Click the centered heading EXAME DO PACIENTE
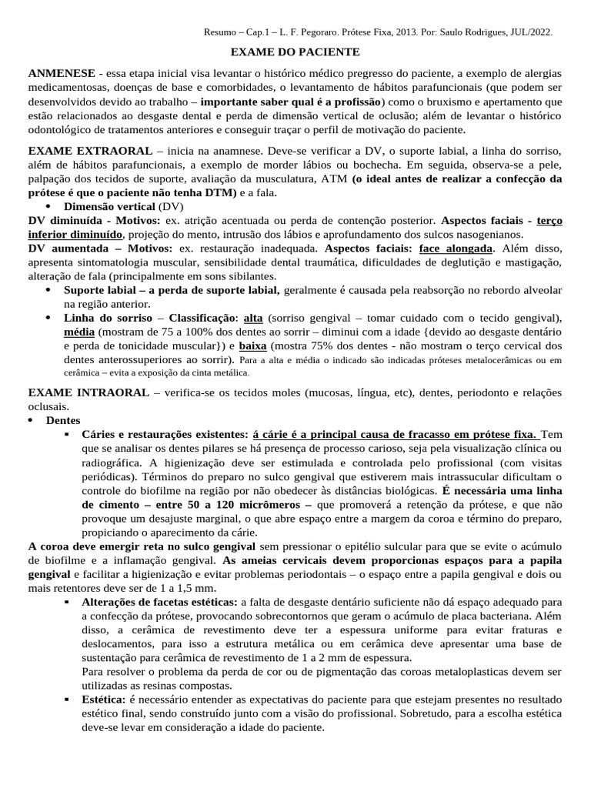pos(295,52)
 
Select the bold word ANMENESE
pos(62,72)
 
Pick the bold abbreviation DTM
pos(215,192)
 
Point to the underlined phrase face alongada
pos(456,249)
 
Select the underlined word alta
pos(252,318)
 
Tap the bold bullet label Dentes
pos(62,420)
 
